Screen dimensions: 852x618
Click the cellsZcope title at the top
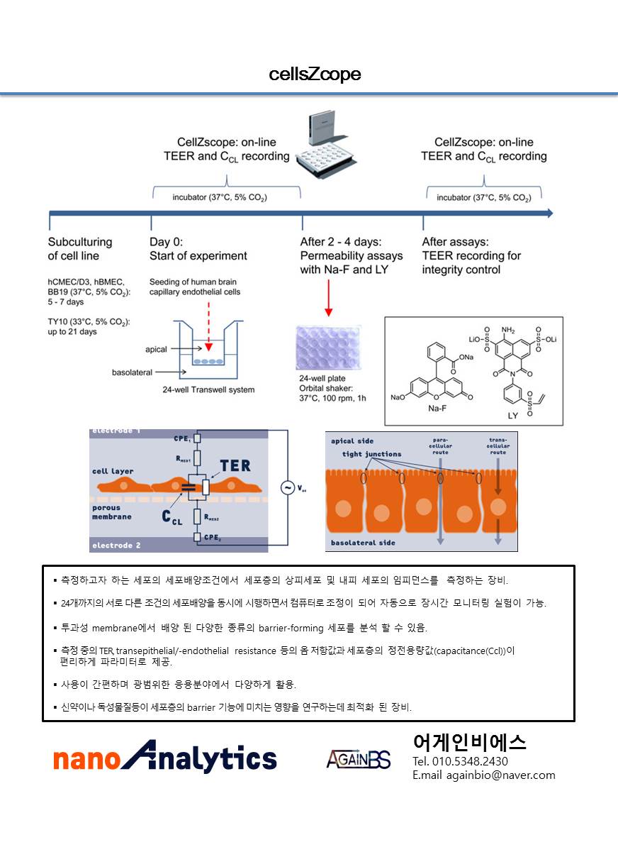coord(315,74)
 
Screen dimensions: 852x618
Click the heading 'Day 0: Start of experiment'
coord(198,249)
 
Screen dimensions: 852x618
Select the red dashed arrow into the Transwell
coord(207,326)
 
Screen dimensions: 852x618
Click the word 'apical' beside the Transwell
coord(156,349)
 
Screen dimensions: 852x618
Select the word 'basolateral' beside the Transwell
coord(133,372)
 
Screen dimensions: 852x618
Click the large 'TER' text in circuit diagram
coord(235,466)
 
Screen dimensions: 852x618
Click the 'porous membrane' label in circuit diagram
coord(111,512)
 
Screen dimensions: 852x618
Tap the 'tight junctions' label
coord(371,454)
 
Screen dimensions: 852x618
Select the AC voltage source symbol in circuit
coord(287,488)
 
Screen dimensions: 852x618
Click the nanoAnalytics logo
coord(164,757)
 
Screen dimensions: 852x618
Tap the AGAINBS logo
coord(359,759)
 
